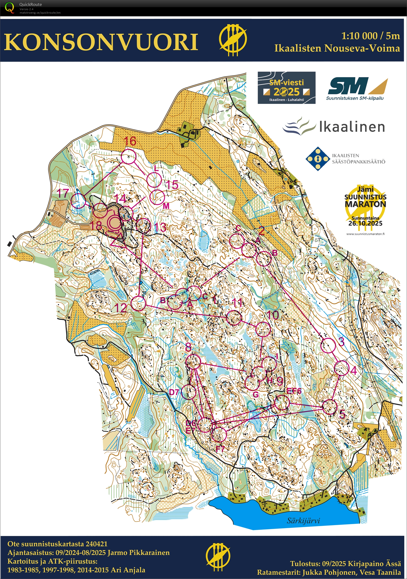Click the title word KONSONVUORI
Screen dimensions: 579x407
click(101, 42)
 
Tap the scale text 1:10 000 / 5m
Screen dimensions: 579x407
click(370, 36)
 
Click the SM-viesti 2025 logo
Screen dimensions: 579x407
click(286, 87)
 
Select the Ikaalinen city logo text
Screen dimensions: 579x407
click(352, 127)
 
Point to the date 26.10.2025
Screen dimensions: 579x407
click(365, 223)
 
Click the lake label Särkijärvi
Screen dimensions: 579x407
click(303, 520)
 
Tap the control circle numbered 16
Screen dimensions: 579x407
click(129, 156)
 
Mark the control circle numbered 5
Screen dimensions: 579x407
click(330, 407)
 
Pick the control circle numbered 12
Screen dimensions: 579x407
click(139, 303)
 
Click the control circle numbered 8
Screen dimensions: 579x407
click(193, 362)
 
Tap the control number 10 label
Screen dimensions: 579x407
click(273, 315)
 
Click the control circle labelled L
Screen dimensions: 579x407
click(154, 180)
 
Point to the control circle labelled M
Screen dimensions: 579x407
click(157, 197)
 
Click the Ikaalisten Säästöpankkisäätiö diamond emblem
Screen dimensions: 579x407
click(318, 159)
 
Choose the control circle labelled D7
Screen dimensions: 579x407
click(189, 392)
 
